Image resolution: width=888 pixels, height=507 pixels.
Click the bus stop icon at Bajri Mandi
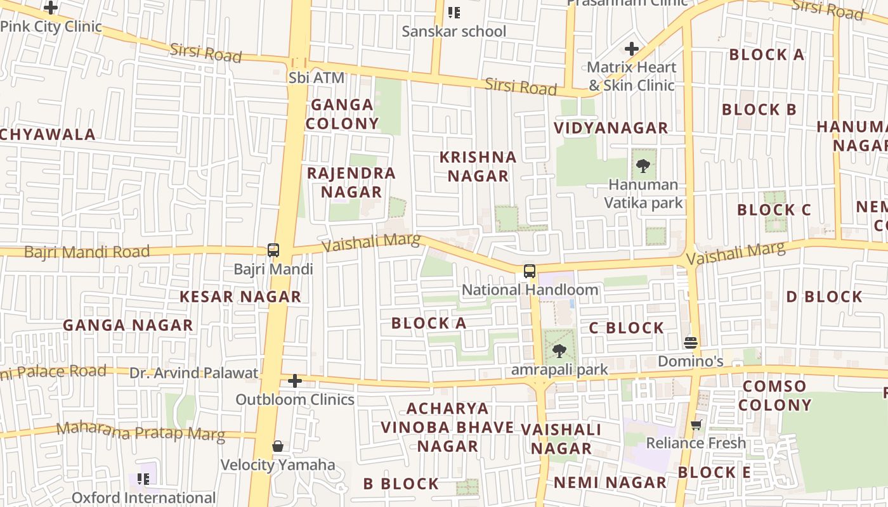(x=273, y=250)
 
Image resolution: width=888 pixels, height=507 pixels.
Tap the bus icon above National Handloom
(x=529, y=271)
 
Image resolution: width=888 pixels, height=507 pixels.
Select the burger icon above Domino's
(x=691, y=343)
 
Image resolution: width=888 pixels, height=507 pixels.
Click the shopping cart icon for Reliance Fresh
(x=696, y=425)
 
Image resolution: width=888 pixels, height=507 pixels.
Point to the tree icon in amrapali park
(x=559, y=350)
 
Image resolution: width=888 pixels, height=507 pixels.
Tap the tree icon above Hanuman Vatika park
(x=643, y=166)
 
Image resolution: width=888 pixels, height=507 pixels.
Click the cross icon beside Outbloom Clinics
(x=295, y=381)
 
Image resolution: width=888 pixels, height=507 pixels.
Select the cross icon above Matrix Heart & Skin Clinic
(x=631, y=48)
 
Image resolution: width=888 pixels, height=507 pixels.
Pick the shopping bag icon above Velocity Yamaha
(x=278, y=446)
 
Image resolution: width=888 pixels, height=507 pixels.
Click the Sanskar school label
(x=454, y=31)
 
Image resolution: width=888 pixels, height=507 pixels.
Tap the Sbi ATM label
(x=317, y=78)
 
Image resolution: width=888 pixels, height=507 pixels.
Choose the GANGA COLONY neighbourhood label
(x=342, y=114)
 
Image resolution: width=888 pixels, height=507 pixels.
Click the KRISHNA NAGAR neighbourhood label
(x=478, y=167)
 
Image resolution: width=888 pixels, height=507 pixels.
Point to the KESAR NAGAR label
(x=240, y=297)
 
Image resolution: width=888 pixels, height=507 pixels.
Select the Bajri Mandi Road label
(x=87, y=252)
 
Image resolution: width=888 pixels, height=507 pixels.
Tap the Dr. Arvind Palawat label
(x=194, y=373)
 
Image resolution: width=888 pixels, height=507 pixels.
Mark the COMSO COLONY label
(x=774, y=395)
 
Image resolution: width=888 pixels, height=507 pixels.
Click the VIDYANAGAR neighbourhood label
(x=611, y=128)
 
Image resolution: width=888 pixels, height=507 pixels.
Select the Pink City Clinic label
(x=51, y=27)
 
